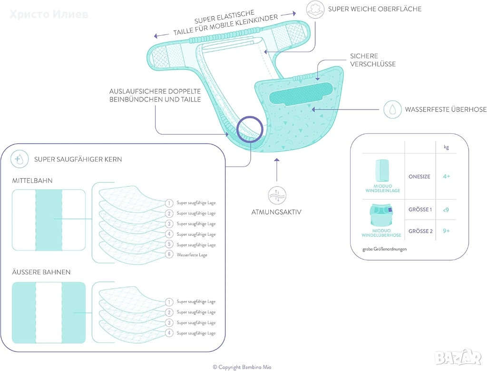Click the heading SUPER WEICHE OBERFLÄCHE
point(374,9)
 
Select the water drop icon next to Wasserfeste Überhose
point(392,110)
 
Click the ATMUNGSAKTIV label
point(276,211)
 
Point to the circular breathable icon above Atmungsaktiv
point(276,195)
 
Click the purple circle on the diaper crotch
point(250,128)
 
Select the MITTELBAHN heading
point(32,181)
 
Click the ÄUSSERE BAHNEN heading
point(41,272)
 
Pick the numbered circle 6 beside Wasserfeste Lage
point(169,255)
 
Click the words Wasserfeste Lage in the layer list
point(192,255)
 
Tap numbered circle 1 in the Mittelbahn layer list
point(169,203)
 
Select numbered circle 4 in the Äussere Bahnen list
point(169,333)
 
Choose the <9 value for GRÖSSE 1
point(446,210)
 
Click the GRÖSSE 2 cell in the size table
point(420,231)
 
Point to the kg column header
point(446,148)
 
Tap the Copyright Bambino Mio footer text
point(243,367)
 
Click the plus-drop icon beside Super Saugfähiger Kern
point(19,159)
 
